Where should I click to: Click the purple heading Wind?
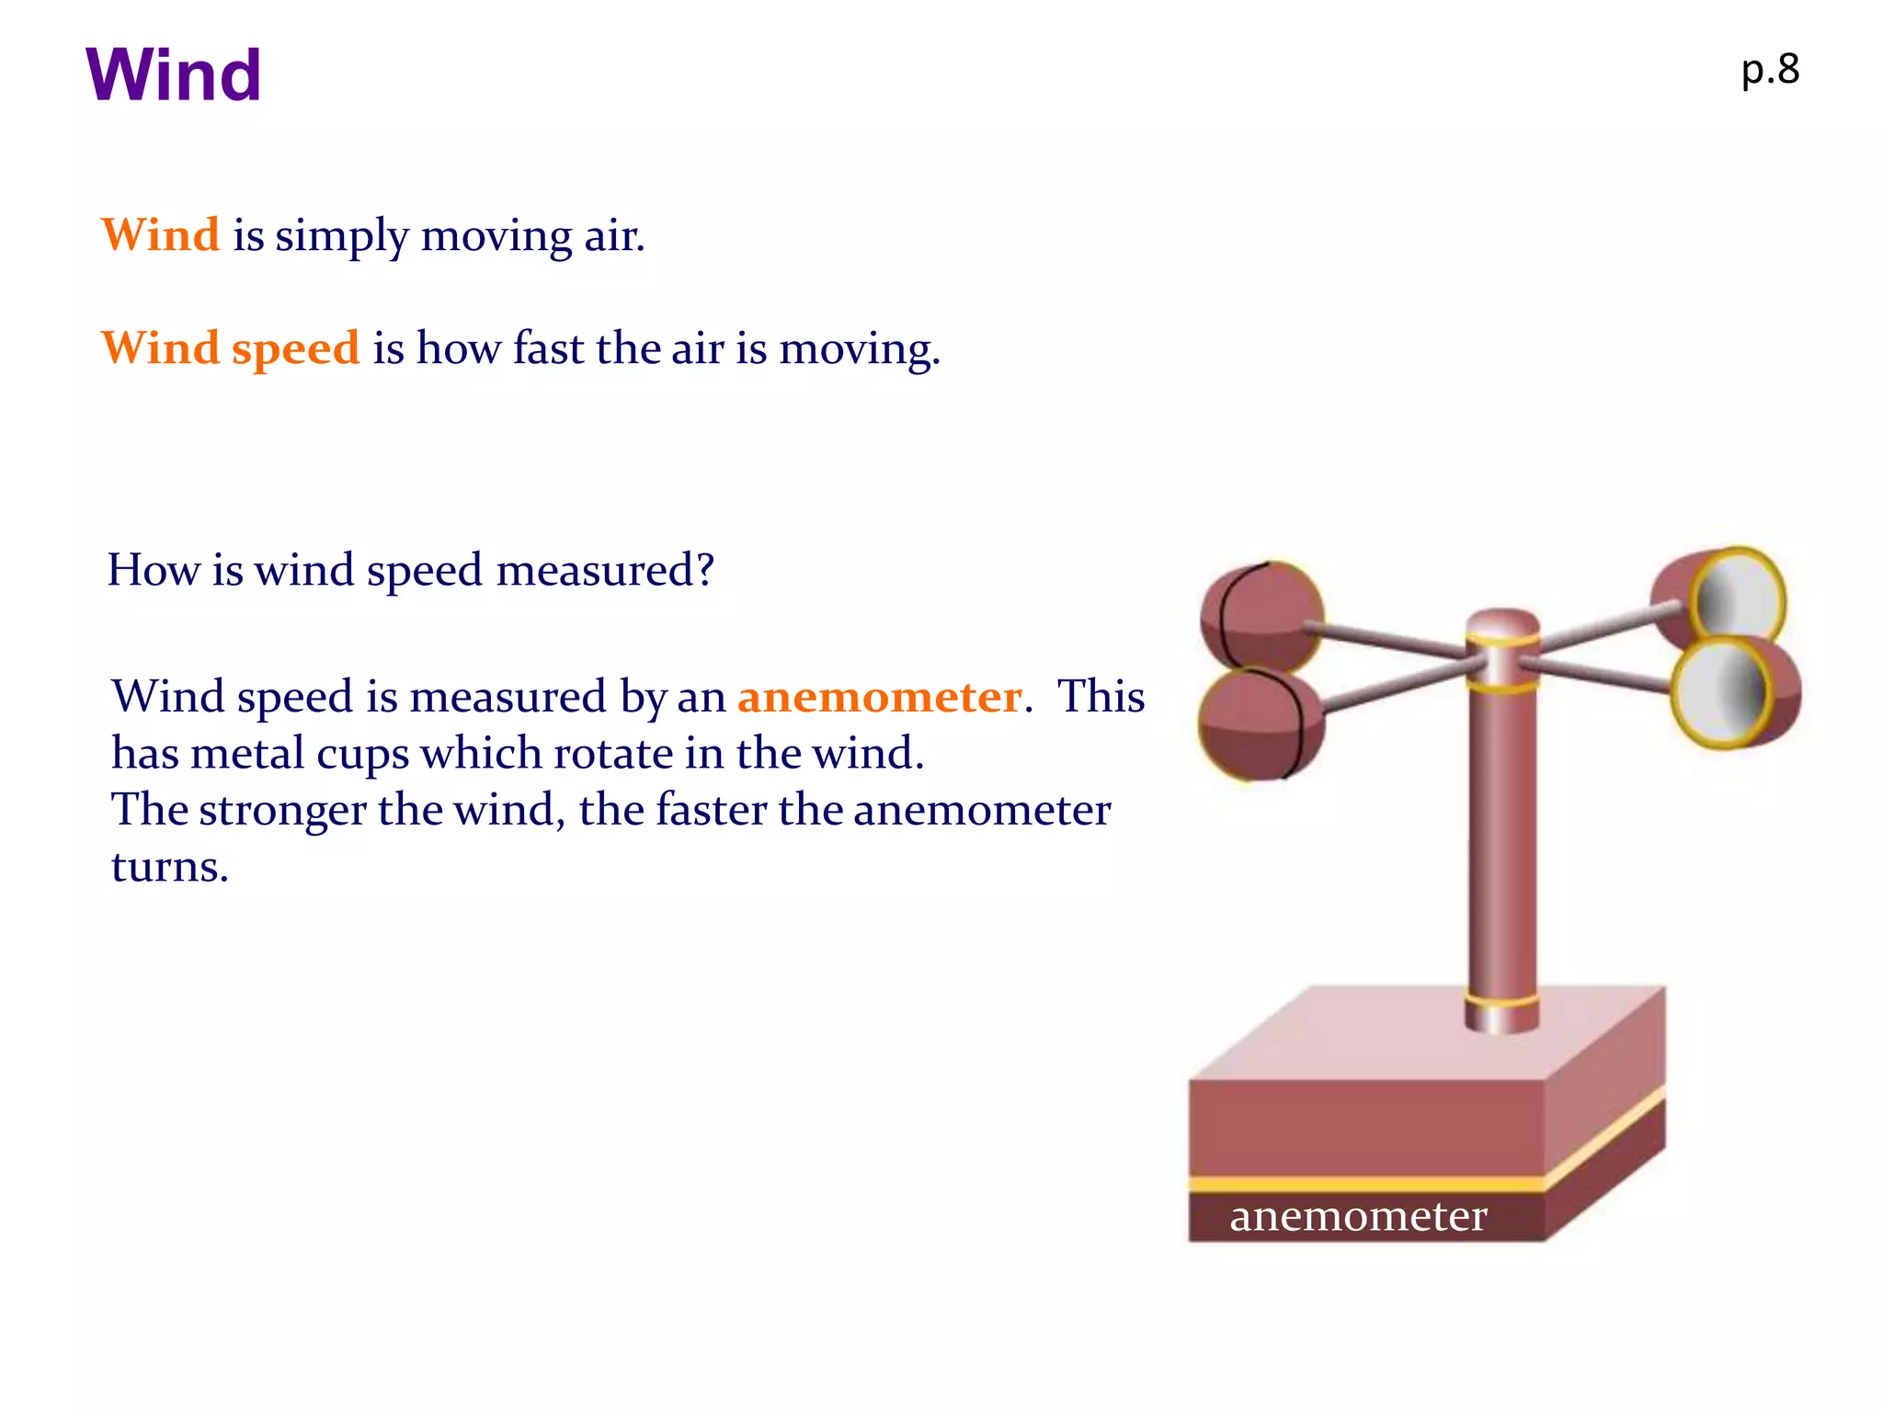pyautogui.click(x=173, y=74)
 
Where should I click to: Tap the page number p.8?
pyautogui.click(x=1770, y=70)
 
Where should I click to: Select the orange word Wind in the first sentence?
pyautogui.click(x=160, y=234)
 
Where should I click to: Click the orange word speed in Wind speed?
pyautogui.click(x=295, y=348)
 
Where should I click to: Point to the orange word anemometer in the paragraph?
pyautogui.click(x=879, y=697)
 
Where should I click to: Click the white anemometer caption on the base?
pyautogui.click(x=1358, y=1216)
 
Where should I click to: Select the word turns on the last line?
pyautogui.click(x=169, y=867)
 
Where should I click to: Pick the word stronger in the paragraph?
pyautogui.click(x=282, y=810)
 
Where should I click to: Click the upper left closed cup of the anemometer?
pyautogui.click(x=1262, y=615)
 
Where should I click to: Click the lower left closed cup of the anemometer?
pyautogui.click(x=1261, y=724)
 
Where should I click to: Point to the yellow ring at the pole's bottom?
pyautogui.click(x=1502, y=1001)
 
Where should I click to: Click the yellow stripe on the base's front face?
pyautogui.click(x=1366, y=1184)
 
